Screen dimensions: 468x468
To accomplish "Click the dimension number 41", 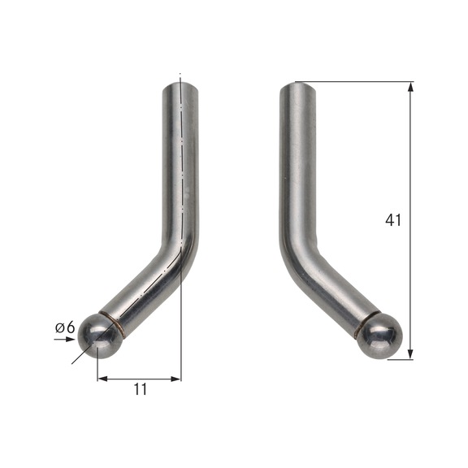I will [x=394, y=220].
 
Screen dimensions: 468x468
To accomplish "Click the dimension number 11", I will [x=140, y=389].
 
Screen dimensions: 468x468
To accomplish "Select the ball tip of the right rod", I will [x=381, y=336].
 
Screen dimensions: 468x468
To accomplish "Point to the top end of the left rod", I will [x=183, y=81].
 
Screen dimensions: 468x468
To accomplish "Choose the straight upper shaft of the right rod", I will [x=296, y=162].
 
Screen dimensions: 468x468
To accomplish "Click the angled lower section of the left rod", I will [x=146, y=291].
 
